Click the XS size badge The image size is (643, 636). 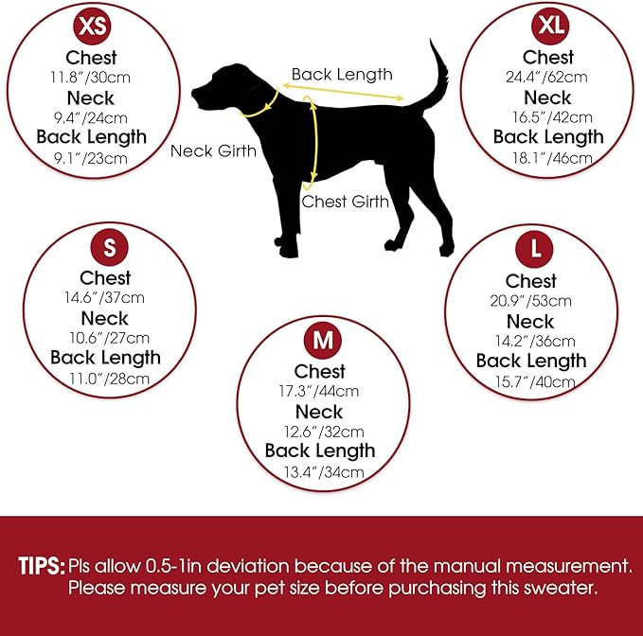coord(92,26)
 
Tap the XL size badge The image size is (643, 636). coord(550,26)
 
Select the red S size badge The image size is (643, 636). coord(110,247)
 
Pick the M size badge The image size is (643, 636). coord(323,340)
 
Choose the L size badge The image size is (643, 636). coord(534,249)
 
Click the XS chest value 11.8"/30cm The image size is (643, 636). coord(90,78)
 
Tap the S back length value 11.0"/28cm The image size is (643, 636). coord(109,379)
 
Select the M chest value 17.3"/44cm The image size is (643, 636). coord(319,391)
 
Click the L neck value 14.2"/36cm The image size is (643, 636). coord(535,341)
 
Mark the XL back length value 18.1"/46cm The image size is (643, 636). coord(552,158)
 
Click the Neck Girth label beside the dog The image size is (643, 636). coord(213,151)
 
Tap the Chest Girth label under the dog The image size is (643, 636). coord(345,202)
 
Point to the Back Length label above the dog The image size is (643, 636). coord(342,75)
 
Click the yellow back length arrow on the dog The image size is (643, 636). coord(343,92)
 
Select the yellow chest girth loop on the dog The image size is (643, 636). coord(316,143)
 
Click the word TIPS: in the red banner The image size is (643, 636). coord(42,566)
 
